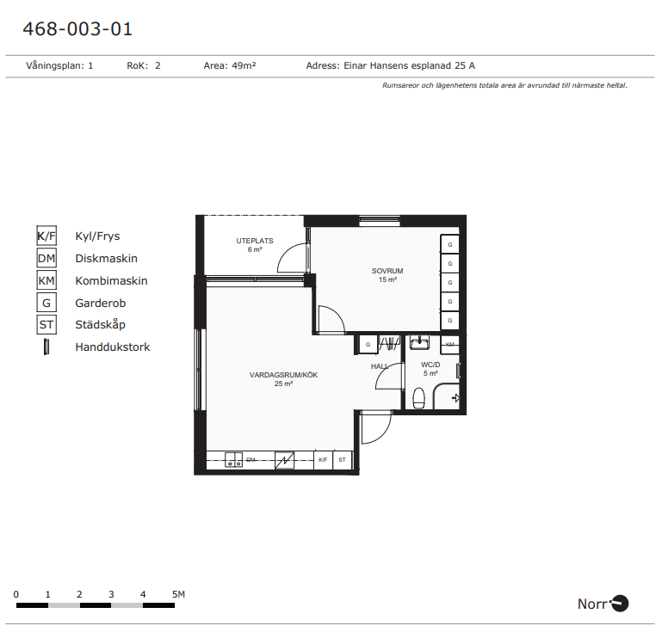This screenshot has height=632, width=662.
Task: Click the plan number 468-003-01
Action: pos(77,29)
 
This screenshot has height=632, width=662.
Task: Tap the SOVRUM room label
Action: pos(387,271)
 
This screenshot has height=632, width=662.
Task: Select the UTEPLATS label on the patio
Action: pos(255,241)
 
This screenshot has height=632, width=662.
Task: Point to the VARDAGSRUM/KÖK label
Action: pos(283,375)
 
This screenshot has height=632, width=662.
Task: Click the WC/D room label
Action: pos(430,365)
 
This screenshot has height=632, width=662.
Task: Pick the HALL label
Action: pos(379,366)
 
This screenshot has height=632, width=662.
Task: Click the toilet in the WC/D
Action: pos(418,398)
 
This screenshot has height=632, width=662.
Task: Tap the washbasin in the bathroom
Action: pos(419,342)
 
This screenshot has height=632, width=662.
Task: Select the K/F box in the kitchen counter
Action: pos(323,459)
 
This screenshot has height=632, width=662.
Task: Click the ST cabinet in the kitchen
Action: pos(342,459)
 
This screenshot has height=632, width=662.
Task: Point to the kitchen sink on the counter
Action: pos(233,459)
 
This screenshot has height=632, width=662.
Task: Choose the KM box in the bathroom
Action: pos(450,345)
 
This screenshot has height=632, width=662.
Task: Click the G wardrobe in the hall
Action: pos(368,345)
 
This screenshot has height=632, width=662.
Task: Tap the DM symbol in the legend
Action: pos(46,258)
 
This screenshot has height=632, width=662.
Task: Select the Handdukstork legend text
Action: pos(112,347)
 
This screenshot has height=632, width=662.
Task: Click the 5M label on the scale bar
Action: pos(178,594)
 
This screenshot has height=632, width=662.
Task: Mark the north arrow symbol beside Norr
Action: pos(619,604)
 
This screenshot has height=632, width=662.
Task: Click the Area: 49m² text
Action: pos(230,65)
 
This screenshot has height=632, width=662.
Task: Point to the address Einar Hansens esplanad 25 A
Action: pos(409,65)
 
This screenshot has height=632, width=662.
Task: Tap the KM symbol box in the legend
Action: pos(46,280)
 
